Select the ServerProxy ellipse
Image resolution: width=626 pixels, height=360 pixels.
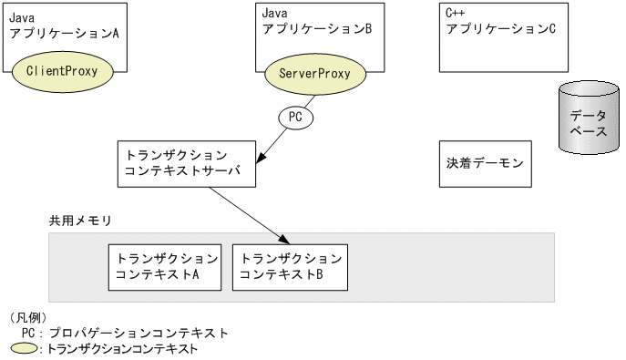click(313, 71)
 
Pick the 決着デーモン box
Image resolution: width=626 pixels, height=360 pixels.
click(485, 165)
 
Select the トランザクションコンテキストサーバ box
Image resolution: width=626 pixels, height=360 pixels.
click(185, 165)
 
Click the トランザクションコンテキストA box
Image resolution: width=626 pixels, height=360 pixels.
click(163, 266)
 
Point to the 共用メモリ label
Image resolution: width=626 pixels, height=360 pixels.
click(79, 221)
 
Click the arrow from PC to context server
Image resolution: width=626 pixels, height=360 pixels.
click(272, 144)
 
